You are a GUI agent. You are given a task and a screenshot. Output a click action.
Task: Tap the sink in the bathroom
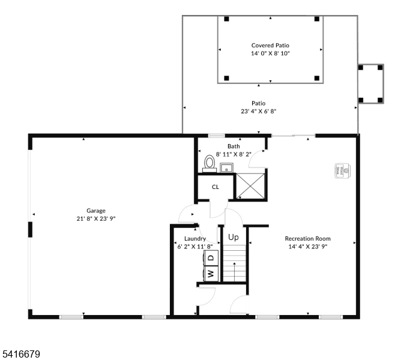click(226, 167)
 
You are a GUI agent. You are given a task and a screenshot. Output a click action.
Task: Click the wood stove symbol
click(340, 170)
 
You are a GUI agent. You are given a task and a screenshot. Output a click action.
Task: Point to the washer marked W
click(211, 274)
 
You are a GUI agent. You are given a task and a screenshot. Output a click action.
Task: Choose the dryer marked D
click(211, 258)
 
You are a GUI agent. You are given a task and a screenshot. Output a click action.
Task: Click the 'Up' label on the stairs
click(234, 237)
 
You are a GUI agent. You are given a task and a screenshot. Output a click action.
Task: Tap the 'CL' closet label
click(216, 187)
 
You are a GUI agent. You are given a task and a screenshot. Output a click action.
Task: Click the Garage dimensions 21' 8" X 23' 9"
click(96, 219)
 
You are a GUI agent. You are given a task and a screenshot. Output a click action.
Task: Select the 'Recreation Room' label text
click(307, 238)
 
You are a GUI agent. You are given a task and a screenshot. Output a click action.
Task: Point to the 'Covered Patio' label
click(270, 45)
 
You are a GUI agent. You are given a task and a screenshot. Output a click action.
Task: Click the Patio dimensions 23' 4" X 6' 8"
click(258, 111)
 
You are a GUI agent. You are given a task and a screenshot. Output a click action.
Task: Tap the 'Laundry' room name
click(195, 238)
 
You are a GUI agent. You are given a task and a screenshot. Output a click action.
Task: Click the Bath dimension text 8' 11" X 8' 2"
click(234, 154)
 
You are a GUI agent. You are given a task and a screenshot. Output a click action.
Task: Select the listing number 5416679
click(20, 355)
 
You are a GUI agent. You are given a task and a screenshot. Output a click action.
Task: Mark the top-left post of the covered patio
click(226, 19)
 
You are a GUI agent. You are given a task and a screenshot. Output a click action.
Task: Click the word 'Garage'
click(96, 211)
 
